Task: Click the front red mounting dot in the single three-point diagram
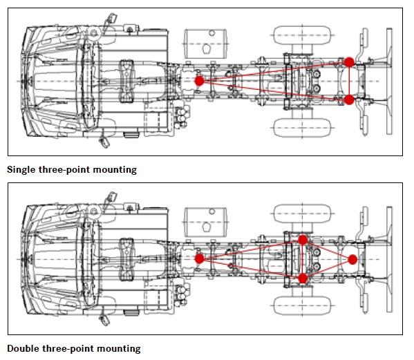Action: pos(199,81)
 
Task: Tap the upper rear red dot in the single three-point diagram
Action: pos(349,62)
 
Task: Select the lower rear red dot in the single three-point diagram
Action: pos(349,100)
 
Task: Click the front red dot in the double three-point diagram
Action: pos(199,258)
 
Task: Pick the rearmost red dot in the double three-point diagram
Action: pos(352,259)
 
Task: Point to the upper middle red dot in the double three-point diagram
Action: pos(303,240)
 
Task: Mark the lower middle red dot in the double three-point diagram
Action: pos(303,278)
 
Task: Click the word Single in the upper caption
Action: pos(21,170)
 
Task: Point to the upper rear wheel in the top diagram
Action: pos(302,35)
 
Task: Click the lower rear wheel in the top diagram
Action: pos(302,128)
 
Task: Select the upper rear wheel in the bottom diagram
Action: pos(302,214)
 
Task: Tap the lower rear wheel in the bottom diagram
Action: pos(302,305)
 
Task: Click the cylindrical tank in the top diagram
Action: pos(205,44)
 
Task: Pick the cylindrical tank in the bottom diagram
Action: pos(205,222)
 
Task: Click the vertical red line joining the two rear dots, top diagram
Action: pos(349,81)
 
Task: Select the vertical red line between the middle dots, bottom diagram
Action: pos(303,259)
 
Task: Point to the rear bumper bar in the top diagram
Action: pos(389,82)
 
